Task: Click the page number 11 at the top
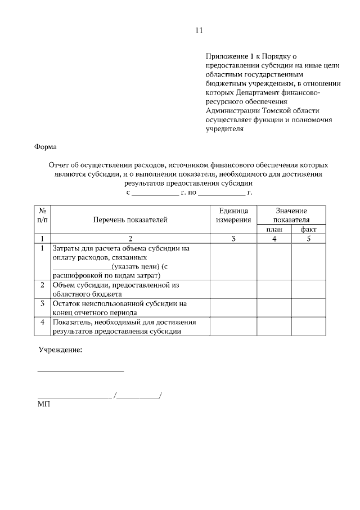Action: (198, 30)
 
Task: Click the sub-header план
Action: (274, 230)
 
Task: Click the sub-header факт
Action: (308, 230)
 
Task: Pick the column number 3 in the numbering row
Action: (233, 239)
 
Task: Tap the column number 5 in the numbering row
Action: (308, 239)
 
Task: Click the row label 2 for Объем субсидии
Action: (42, 285)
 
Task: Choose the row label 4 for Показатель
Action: (42, 322)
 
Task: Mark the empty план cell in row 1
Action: (274, 261)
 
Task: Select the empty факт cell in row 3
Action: (308, 308)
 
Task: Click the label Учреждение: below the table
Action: (60, 350)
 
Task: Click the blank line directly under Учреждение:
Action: (80, 370)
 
